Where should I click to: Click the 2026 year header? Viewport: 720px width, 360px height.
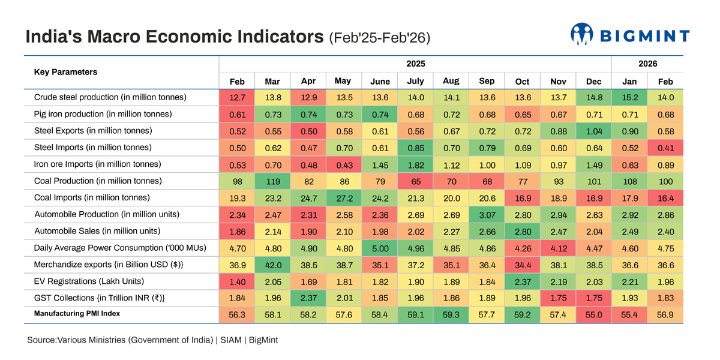[647, 64]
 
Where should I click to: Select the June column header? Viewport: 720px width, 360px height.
[380, 81]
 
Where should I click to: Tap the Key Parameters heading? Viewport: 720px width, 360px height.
[65, 72]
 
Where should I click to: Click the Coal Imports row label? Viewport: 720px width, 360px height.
[92, 197]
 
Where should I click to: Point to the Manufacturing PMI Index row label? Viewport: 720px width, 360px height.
[77, 314]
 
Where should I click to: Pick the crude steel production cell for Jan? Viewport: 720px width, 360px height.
[629, 97]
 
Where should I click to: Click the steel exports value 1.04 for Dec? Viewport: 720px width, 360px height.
[593, 131]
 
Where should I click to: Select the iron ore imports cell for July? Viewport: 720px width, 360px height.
[415, 164]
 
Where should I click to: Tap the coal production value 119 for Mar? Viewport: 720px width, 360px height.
[272, 181]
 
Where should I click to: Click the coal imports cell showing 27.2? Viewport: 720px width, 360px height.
[344, 198]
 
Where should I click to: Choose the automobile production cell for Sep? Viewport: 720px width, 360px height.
[487, 215]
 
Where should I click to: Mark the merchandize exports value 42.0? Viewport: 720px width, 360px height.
[272, 265]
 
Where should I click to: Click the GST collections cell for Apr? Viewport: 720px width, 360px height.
[308, 298]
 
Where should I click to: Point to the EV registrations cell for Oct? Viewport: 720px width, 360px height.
[522, 281]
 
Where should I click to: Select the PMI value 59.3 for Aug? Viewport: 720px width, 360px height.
[451, 315]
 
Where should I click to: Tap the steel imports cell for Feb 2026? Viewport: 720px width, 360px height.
[665, 148]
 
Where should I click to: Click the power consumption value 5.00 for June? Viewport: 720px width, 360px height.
[380, 248]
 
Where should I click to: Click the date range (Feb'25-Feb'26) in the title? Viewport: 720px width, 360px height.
[380, 38]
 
